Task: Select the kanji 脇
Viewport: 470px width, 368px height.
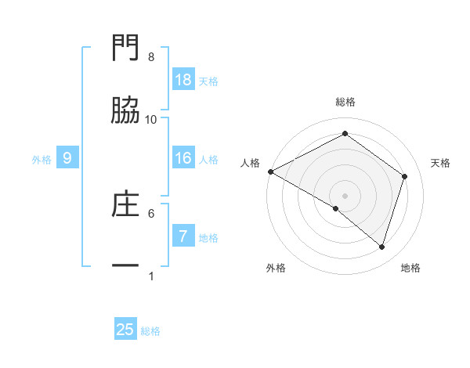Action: tap(125, 112)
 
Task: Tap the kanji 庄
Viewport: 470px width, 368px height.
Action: tap(125, 204)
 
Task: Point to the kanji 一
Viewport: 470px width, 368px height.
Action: tap(125, 266)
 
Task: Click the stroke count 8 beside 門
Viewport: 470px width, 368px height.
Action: tap(151, 57)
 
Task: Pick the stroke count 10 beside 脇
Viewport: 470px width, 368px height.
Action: tap(151, 119)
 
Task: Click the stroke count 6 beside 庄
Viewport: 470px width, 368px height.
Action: tap(151, 212)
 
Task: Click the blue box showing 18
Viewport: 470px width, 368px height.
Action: tap(183, 80)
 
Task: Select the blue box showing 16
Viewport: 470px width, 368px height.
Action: tap(183, 158)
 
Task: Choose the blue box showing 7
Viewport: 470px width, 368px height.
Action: tap(183, 236)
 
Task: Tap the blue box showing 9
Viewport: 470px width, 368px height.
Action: tap(67, 158)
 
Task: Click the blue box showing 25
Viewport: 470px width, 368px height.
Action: tap(125, 330)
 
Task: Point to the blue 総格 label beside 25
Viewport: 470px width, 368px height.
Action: tap(150, 331)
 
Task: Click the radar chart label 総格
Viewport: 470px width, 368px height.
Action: tap(345, 102)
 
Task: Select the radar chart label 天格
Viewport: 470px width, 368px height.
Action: tap(441, 163)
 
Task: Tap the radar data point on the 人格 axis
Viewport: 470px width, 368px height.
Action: tap(270, 171)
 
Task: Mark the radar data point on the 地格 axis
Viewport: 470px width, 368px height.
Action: tap(381, 247)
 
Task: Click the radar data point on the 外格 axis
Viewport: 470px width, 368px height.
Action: tap(336, 208)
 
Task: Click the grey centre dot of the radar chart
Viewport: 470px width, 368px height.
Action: tap(345, 195)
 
